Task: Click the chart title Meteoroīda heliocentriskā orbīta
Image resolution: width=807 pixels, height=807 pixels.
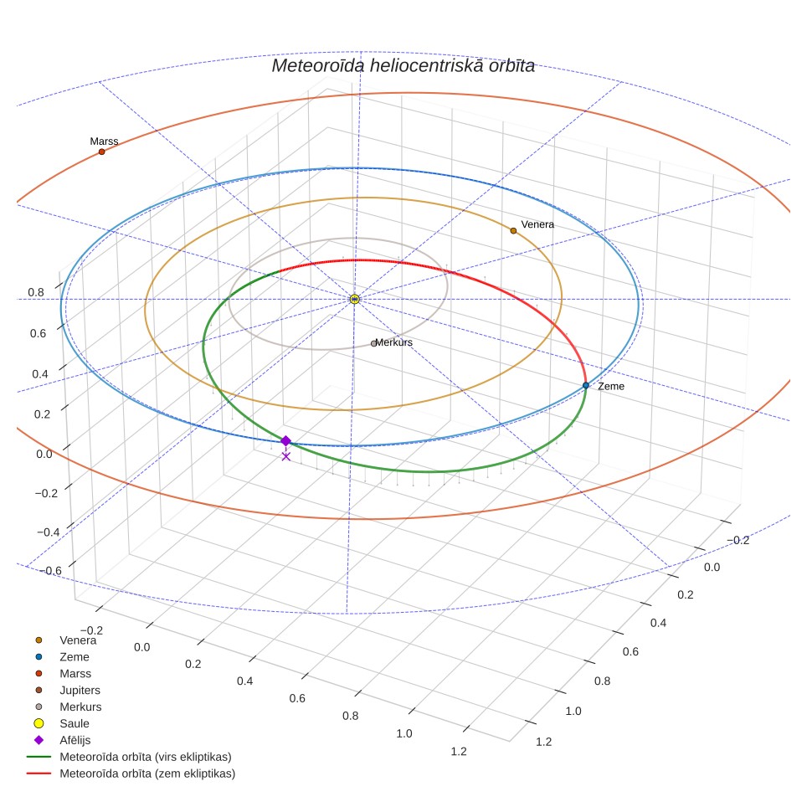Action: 403,66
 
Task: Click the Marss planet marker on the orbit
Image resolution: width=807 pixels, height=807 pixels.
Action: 102,152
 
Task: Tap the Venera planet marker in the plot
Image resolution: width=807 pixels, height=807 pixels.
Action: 513,230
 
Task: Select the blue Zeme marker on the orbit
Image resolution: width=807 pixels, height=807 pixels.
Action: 586,385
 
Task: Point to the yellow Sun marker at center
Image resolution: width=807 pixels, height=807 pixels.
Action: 355,299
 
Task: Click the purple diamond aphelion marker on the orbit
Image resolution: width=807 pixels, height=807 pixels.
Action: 285,441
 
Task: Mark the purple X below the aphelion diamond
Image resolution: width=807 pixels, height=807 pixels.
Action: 286,456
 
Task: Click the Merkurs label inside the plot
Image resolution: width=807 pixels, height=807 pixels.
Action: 393,342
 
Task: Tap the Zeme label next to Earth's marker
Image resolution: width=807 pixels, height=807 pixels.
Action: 611,386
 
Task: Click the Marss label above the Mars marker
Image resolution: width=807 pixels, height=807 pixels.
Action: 104,141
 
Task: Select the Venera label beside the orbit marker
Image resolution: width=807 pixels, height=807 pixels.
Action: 537,224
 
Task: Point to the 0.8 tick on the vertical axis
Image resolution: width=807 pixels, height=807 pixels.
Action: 36,292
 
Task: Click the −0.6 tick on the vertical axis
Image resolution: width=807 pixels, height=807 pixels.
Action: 50,571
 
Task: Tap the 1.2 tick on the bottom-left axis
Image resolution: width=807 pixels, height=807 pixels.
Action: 459,752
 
